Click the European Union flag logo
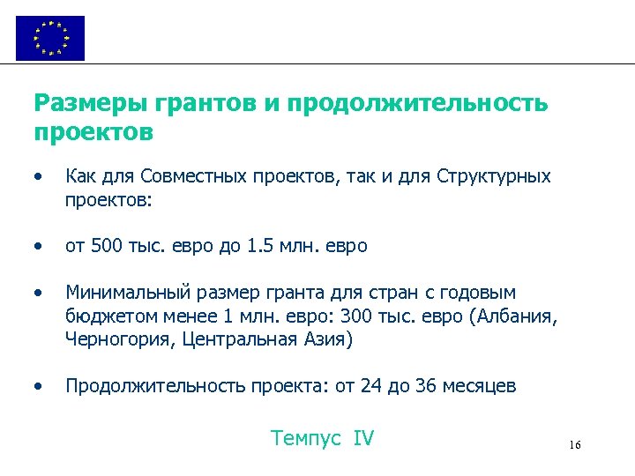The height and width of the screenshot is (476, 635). click(x=50, y=38)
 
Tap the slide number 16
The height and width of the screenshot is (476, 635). click(x=575, y=445)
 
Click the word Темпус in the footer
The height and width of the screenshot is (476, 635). click(x=305, y=438)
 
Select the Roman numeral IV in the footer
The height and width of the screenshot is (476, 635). click(x=363, y=438)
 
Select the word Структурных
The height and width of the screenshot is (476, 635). click(x=494, y=176)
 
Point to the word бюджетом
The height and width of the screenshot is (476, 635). click(x=103, y=316)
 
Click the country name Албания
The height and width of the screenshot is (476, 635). click(x=511, y=316)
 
